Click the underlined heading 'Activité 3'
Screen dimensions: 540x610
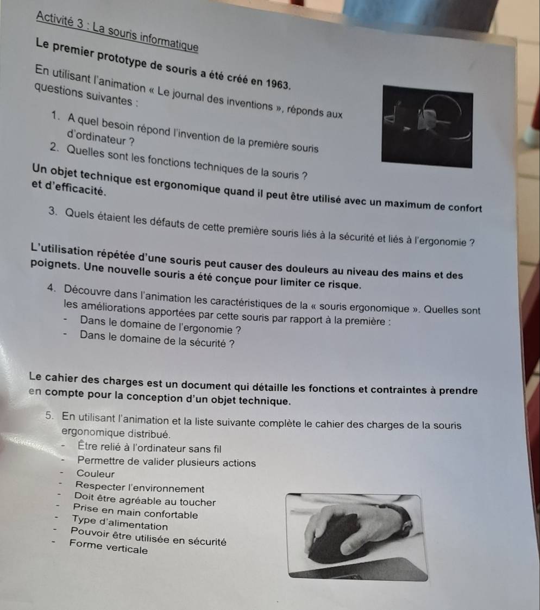click(x=60, y=20)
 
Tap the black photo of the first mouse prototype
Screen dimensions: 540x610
click(x=427, y=127)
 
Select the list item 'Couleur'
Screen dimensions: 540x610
click(x=96, y=474)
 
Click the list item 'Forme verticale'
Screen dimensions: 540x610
click(x=109, y=546)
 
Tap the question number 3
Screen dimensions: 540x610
click(x=53, y=211)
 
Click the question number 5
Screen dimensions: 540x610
click(x=49, y=415)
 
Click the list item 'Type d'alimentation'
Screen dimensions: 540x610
click(x=120, y=523)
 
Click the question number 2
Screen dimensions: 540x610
click(x=54, y=148)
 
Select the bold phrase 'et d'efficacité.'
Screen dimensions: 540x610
click(x=69, y=188)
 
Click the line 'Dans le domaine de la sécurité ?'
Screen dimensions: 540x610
click(x=156, y=339)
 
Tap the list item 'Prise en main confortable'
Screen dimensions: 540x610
click(x=135, y=511)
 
